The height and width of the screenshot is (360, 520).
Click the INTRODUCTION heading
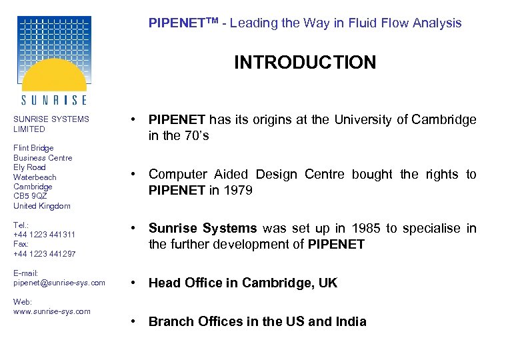(305, 63)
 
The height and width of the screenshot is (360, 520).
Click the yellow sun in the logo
(53, 76)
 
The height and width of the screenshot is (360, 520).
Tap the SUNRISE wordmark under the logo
(53, 100)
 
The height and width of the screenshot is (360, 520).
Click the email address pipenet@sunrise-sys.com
(59, 283)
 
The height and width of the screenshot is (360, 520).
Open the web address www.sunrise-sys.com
(52, 311)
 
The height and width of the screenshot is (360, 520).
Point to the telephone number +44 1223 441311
(44, 235)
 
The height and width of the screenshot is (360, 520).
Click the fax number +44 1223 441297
(44, 254)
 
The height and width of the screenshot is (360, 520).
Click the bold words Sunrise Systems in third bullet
(203, 229)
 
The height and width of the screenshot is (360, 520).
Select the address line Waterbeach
(35, 177)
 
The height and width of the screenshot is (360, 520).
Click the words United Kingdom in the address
(41, 206)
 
